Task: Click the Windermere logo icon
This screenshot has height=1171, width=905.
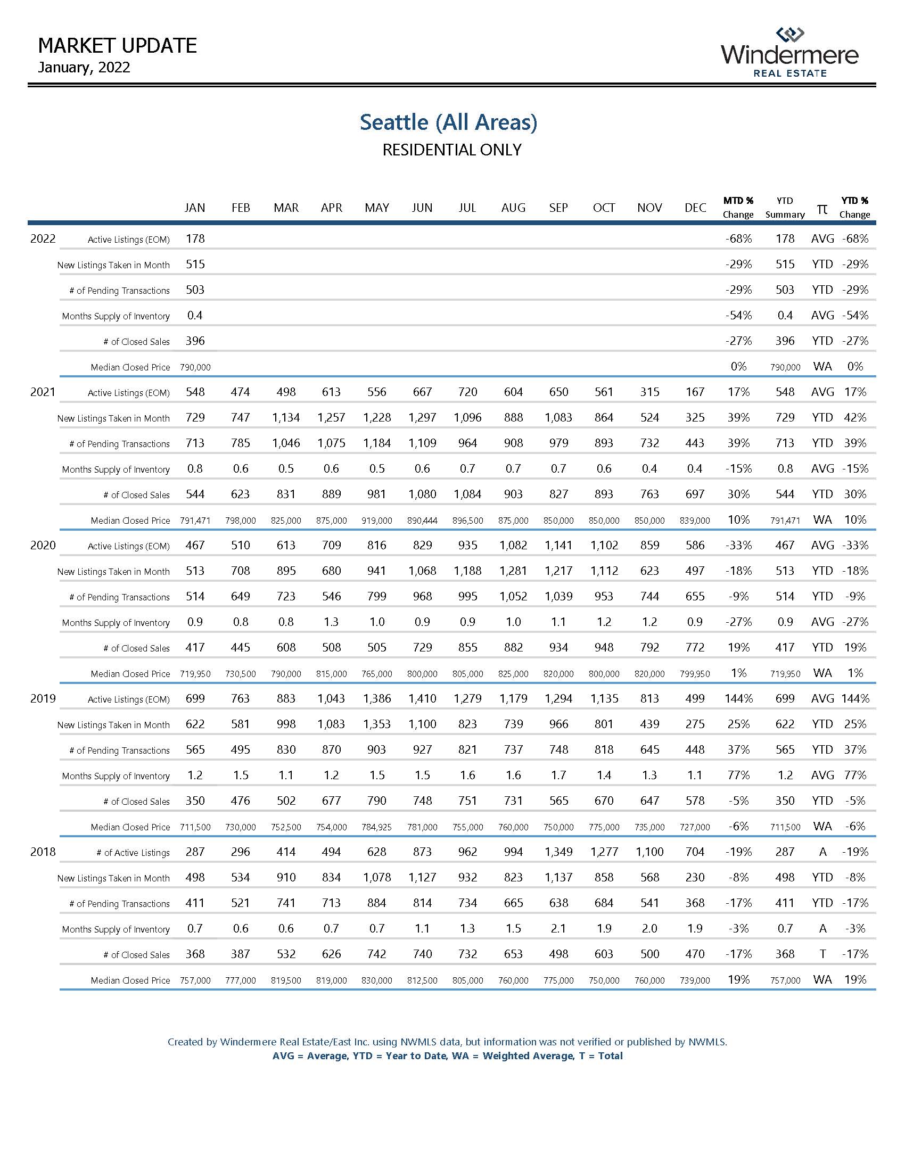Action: [x=790, y=35]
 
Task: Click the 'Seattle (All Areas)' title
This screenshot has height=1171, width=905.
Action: [x=448, y=122]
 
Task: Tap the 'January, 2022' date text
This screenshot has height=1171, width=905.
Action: [x=84, y=68]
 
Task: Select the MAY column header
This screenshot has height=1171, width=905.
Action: [x=376, y=208]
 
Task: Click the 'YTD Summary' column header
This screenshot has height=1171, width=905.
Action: [x=785, y=208]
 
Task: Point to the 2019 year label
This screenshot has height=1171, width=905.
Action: [x=43, y=699]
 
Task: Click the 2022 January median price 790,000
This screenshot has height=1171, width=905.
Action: [x=195, y=367]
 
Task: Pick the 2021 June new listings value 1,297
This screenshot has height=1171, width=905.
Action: [x=422, y=418]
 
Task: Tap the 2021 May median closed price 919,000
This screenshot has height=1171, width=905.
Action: [x=376, y=521]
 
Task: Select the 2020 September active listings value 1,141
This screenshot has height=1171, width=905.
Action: [x=558, y=545]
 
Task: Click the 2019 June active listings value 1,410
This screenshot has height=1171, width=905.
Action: [x=422, y=699]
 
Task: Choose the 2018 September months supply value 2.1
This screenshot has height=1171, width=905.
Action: [x=558, y=929]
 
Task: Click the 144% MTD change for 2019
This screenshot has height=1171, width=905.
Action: [x=738, y=699]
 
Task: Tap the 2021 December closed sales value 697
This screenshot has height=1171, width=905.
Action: [x=695, y=494]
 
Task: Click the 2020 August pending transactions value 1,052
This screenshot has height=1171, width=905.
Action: [x=513, y=597]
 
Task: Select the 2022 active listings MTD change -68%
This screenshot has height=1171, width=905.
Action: [x=738, y=239]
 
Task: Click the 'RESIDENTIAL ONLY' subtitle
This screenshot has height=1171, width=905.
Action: [x=451, y=150]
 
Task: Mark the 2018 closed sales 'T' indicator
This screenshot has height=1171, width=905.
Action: [x=822, y=954]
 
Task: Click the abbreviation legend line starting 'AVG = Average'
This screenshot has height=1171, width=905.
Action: [x=448, y=1056]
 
